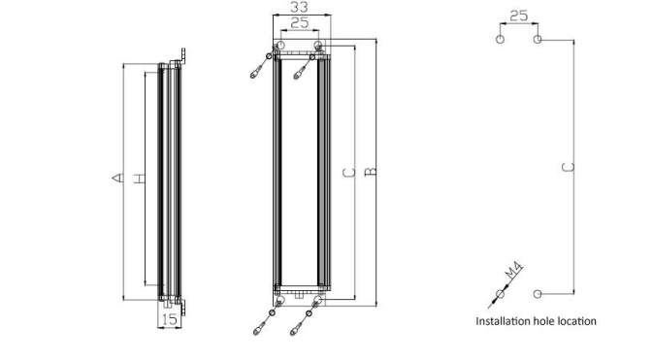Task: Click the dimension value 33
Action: click(x=299, y=7)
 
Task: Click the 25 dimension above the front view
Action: click(x=300, y=23)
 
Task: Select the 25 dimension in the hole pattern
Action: click(x=519, y=16)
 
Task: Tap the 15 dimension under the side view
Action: click(x=170, y=319)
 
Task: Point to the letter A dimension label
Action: click(x=118, y=178)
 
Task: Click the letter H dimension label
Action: click(x=140, y=179)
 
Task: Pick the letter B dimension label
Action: click(x=370, y=172)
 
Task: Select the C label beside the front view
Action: click(x=349, y=173)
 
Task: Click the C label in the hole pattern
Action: click(x=568, y=167)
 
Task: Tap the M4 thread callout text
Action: click(x=513, y=270)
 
